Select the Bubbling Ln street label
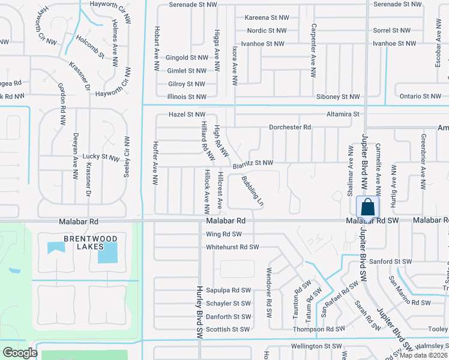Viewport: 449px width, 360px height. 253,191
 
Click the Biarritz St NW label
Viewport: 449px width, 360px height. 253,163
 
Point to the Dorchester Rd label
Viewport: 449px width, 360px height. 290,127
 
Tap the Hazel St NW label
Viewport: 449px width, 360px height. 187,114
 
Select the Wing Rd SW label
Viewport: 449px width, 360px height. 223,234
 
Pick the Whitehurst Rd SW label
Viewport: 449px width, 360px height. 232,247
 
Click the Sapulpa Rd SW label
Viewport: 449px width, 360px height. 228,290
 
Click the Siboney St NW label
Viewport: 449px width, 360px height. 338,97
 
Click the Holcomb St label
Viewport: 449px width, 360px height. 91,47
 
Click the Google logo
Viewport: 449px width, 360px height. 20,353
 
